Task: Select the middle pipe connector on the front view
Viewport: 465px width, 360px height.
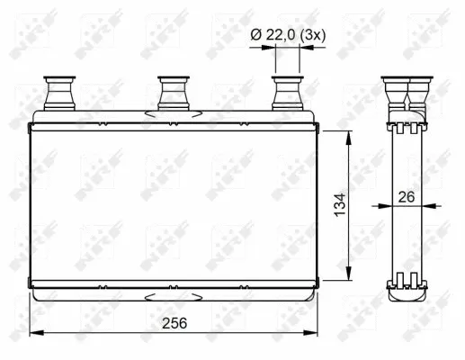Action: pos(172,91)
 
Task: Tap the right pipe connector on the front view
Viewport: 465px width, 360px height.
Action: pos(287,91)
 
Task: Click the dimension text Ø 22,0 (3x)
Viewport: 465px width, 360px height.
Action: pos(289,34)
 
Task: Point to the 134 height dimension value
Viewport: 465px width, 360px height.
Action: pos(339,204)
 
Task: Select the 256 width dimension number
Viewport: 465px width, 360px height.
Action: pos(174,323)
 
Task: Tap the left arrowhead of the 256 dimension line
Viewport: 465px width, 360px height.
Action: pos(34,334)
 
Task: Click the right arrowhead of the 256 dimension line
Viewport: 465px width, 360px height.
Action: pos(313,334)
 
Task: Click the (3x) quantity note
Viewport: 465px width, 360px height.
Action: pos(312,34)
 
